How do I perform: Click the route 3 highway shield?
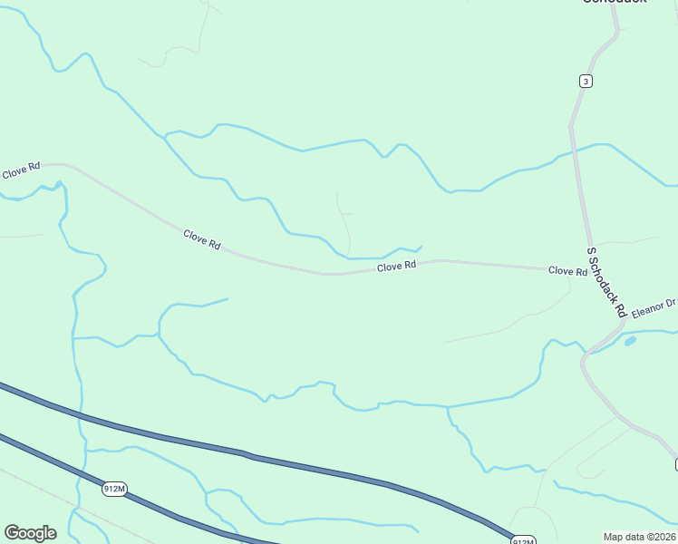[x=586, y=82]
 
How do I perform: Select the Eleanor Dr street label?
[x=654, y=308]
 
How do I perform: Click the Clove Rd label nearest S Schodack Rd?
[x=567, y=271]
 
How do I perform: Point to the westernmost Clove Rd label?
[x=21, y=170]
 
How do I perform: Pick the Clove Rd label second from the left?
[x=202, y=239]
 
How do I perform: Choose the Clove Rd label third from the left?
[x=396, y=267]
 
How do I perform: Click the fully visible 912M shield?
[x=114, y=489]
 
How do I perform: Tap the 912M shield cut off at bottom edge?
[x=521, y=540]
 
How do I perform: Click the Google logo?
[x=30, y=533]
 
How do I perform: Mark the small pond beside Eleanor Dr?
[x=630, y=342]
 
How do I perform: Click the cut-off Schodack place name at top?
[x=614, y=3]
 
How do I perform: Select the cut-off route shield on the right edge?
[x=674, y=464]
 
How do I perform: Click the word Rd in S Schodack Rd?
[x=620, y=309]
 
